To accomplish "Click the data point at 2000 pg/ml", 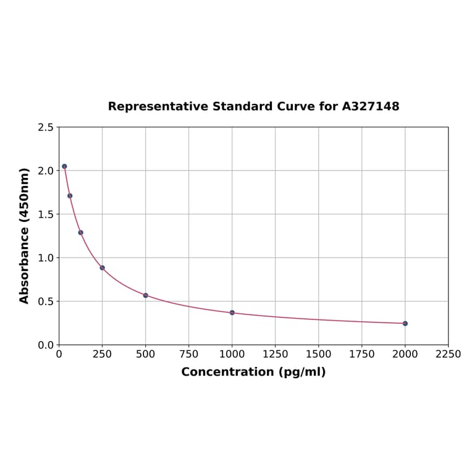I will pyautogui.click(x=405, y=323).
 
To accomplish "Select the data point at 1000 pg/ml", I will pyautogui.click(x=232, y=313).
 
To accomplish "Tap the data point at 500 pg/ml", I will pyautogui.click(x=146, y=295).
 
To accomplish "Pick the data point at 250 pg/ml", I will pyautogui.click(x=103, y=268).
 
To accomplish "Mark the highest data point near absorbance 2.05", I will pyautogui.click(x=64, y=166).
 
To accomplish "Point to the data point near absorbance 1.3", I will pyautogui.click(x=81, y=232).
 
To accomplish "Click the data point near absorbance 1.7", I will pyautogui.click(x=70, y=196).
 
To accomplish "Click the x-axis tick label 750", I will pyautogui.click(x=189, y=354).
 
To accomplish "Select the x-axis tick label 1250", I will pyautogui.click(x=276, y=354).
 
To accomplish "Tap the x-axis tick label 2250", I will pyautogui.click(x=449, y=354).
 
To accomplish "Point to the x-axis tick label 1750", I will pyautogui.click(x=362, y=354).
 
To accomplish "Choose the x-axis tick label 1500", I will pyautogui.click(x=319, y=354).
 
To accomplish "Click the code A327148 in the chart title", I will pyautogui.click(x=371, y=106).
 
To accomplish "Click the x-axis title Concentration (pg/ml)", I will pyautogui.click(x=253, y=372).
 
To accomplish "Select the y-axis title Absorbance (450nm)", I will pyautogui.click(x=25, y=235).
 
